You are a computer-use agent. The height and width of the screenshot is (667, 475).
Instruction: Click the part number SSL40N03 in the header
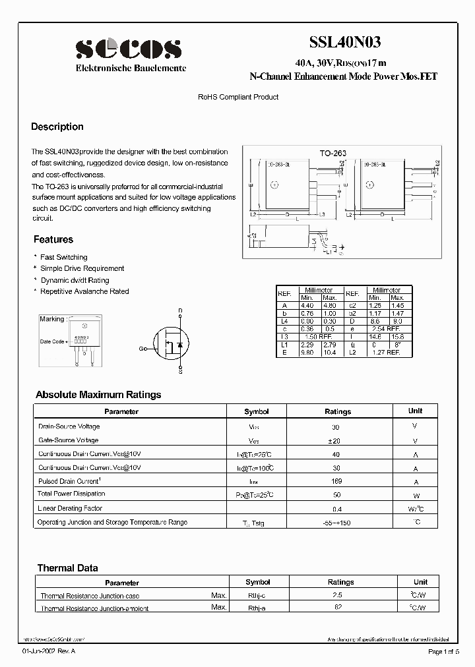tap(344, 43)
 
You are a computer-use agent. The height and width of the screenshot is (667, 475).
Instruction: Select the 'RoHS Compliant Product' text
tap(238, 97)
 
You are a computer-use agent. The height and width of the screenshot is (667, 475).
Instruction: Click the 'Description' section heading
tap(57, 127)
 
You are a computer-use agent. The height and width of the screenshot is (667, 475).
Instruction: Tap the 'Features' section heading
tap(53, 239)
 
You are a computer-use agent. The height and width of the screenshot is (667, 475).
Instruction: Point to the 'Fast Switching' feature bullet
tap(63, 257)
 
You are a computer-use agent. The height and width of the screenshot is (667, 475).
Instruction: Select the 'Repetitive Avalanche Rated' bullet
tap(84, 291)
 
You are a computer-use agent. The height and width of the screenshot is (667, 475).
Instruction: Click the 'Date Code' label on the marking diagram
tap(52, 341)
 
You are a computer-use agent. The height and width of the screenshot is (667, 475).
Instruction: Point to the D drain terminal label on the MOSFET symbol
tap(180, 310)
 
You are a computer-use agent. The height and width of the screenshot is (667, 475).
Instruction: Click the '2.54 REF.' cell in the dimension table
tap(385, 328)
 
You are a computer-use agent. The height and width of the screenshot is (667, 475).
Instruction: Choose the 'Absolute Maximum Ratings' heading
tap(98, 395)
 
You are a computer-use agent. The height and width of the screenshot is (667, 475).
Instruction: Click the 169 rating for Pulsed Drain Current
tap(338, 482)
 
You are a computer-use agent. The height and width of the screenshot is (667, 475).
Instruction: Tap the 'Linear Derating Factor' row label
tap(70, 508)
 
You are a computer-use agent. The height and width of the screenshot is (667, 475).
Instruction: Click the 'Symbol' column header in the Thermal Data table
tap(257, 582)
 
